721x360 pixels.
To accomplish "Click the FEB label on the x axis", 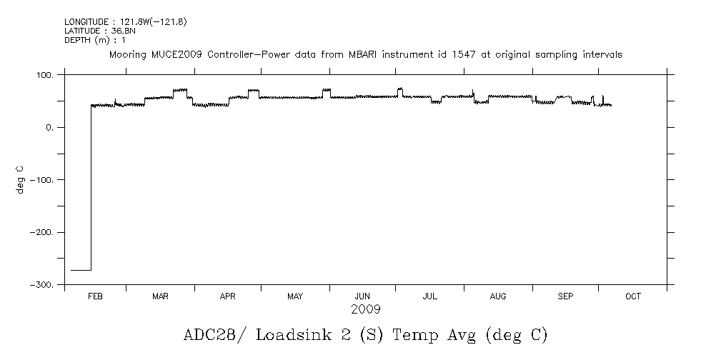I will [x=95, y=296].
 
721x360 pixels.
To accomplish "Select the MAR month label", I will [x=160, y=296].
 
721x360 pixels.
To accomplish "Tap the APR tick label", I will [x=227, y=296].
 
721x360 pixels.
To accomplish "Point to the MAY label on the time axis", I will [x=295, y=296].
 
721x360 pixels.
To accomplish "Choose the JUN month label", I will [x=362, y=296].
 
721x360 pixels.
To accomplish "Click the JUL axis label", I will [x=429, y=296].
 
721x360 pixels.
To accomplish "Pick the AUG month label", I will [x=498, y=296].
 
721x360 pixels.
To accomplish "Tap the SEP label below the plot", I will [x=565, y=296].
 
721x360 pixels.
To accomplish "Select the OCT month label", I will [x=633, y=296].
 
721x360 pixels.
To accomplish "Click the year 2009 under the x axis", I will [x=365, y=310].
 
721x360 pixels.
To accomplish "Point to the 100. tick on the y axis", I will [x=45, y=74].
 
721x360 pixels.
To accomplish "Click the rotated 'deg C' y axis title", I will [x=21, y=179].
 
